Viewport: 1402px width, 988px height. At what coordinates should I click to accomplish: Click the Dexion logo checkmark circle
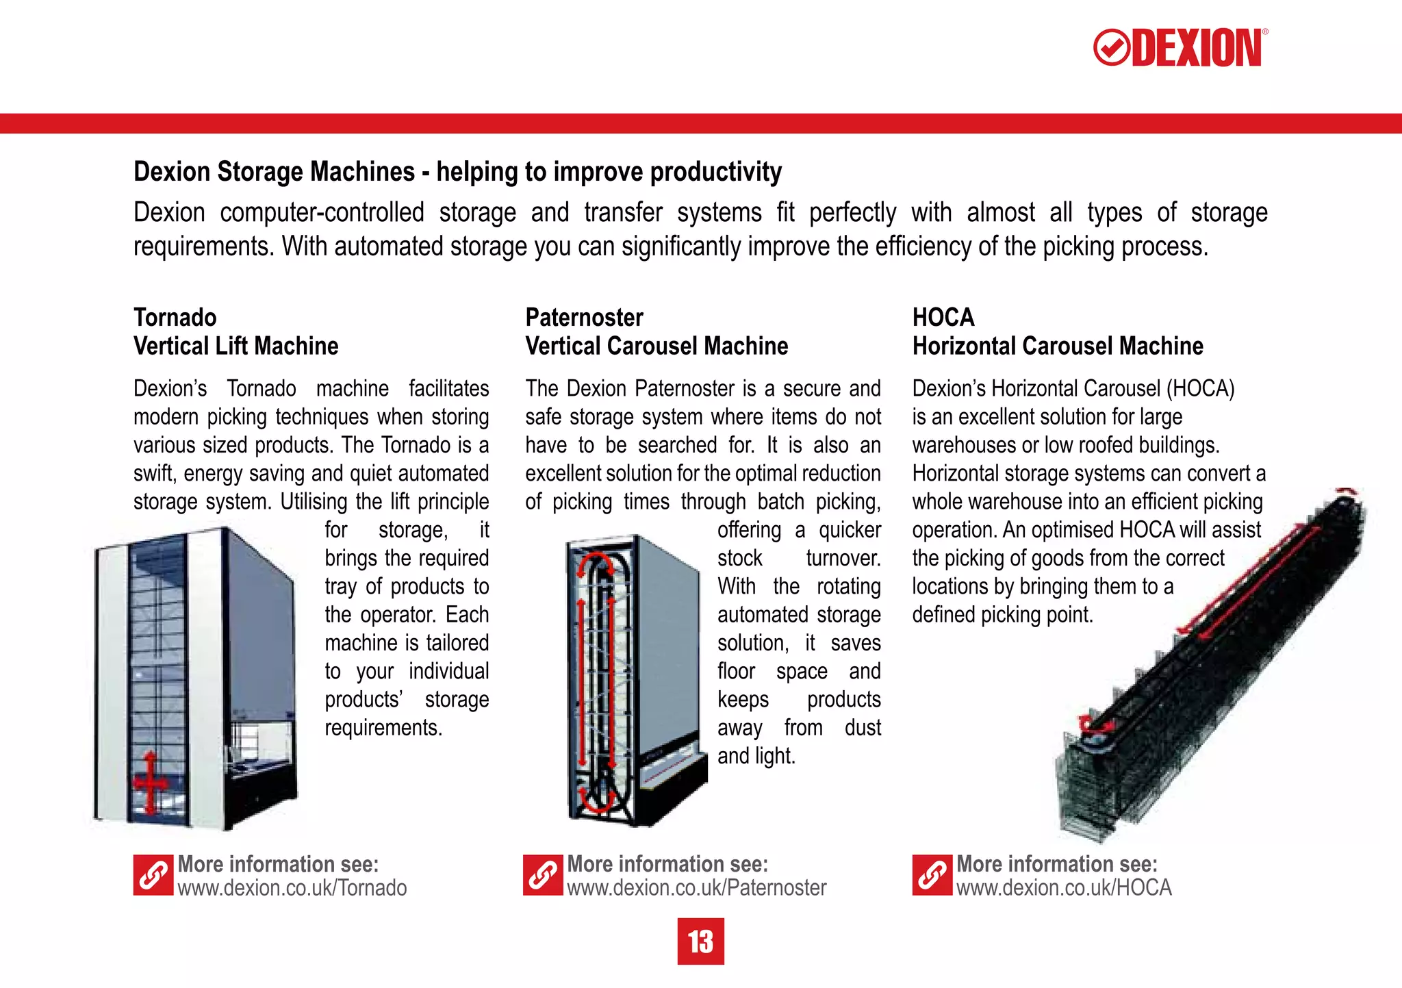click(x=1111, y=48)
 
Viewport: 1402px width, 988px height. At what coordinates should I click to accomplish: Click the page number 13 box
click(x=700, y=941)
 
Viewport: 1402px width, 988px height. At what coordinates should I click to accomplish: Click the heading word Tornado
click(x=175, y=318)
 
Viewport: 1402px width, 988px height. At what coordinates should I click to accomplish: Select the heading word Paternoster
click(x=584, y=318)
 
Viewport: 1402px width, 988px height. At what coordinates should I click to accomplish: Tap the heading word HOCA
click(x=943, y=318)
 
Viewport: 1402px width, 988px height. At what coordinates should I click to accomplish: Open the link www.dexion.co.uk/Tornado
click(x=292, y=888)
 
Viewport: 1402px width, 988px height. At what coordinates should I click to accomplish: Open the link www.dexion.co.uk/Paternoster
click(x=696, y=888)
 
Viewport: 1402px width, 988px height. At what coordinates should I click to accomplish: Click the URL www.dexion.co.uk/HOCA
click(x=1064, y=888)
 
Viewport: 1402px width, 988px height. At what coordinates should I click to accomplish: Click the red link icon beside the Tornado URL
click(x=153, y=875)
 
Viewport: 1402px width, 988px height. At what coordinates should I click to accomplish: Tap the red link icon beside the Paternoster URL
click(x=543, y=875)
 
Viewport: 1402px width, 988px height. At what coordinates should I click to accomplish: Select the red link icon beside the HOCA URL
click(x=932, y=875)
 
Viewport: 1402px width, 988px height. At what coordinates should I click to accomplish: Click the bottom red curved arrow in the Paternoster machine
click(x=597, y=799)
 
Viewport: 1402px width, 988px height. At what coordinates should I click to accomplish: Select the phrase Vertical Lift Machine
click(x=235, y=346)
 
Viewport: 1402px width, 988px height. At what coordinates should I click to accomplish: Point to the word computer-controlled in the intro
click(x=322, y=213)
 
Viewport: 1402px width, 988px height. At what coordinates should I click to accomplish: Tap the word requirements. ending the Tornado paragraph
click(x=383, y=728)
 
